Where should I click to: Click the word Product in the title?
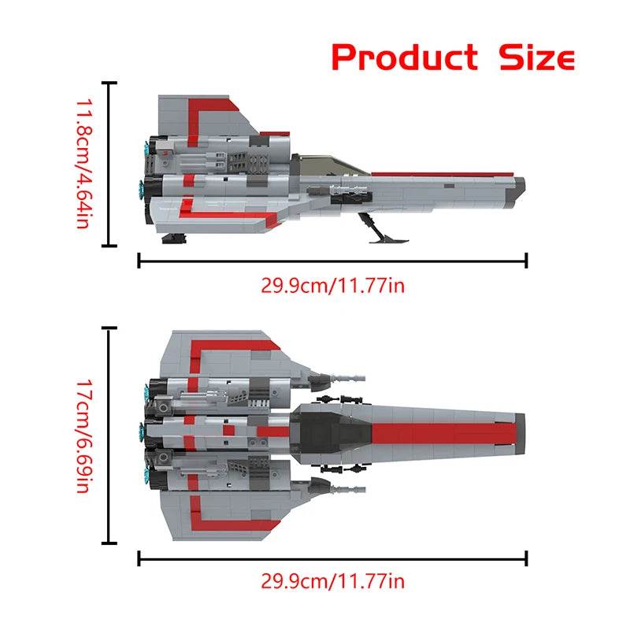(x=403, y=57)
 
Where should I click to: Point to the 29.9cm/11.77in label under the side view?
(x=332, y=285)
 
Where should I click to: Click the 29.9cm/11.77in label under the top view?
(x=332, y=583)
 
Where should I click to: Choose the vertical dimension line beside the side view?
(x=110, y=164)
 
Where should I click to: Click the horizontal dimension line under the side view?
(x=332, y=261)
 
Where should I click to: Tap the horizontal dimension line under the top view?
(x=332, y=558)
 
